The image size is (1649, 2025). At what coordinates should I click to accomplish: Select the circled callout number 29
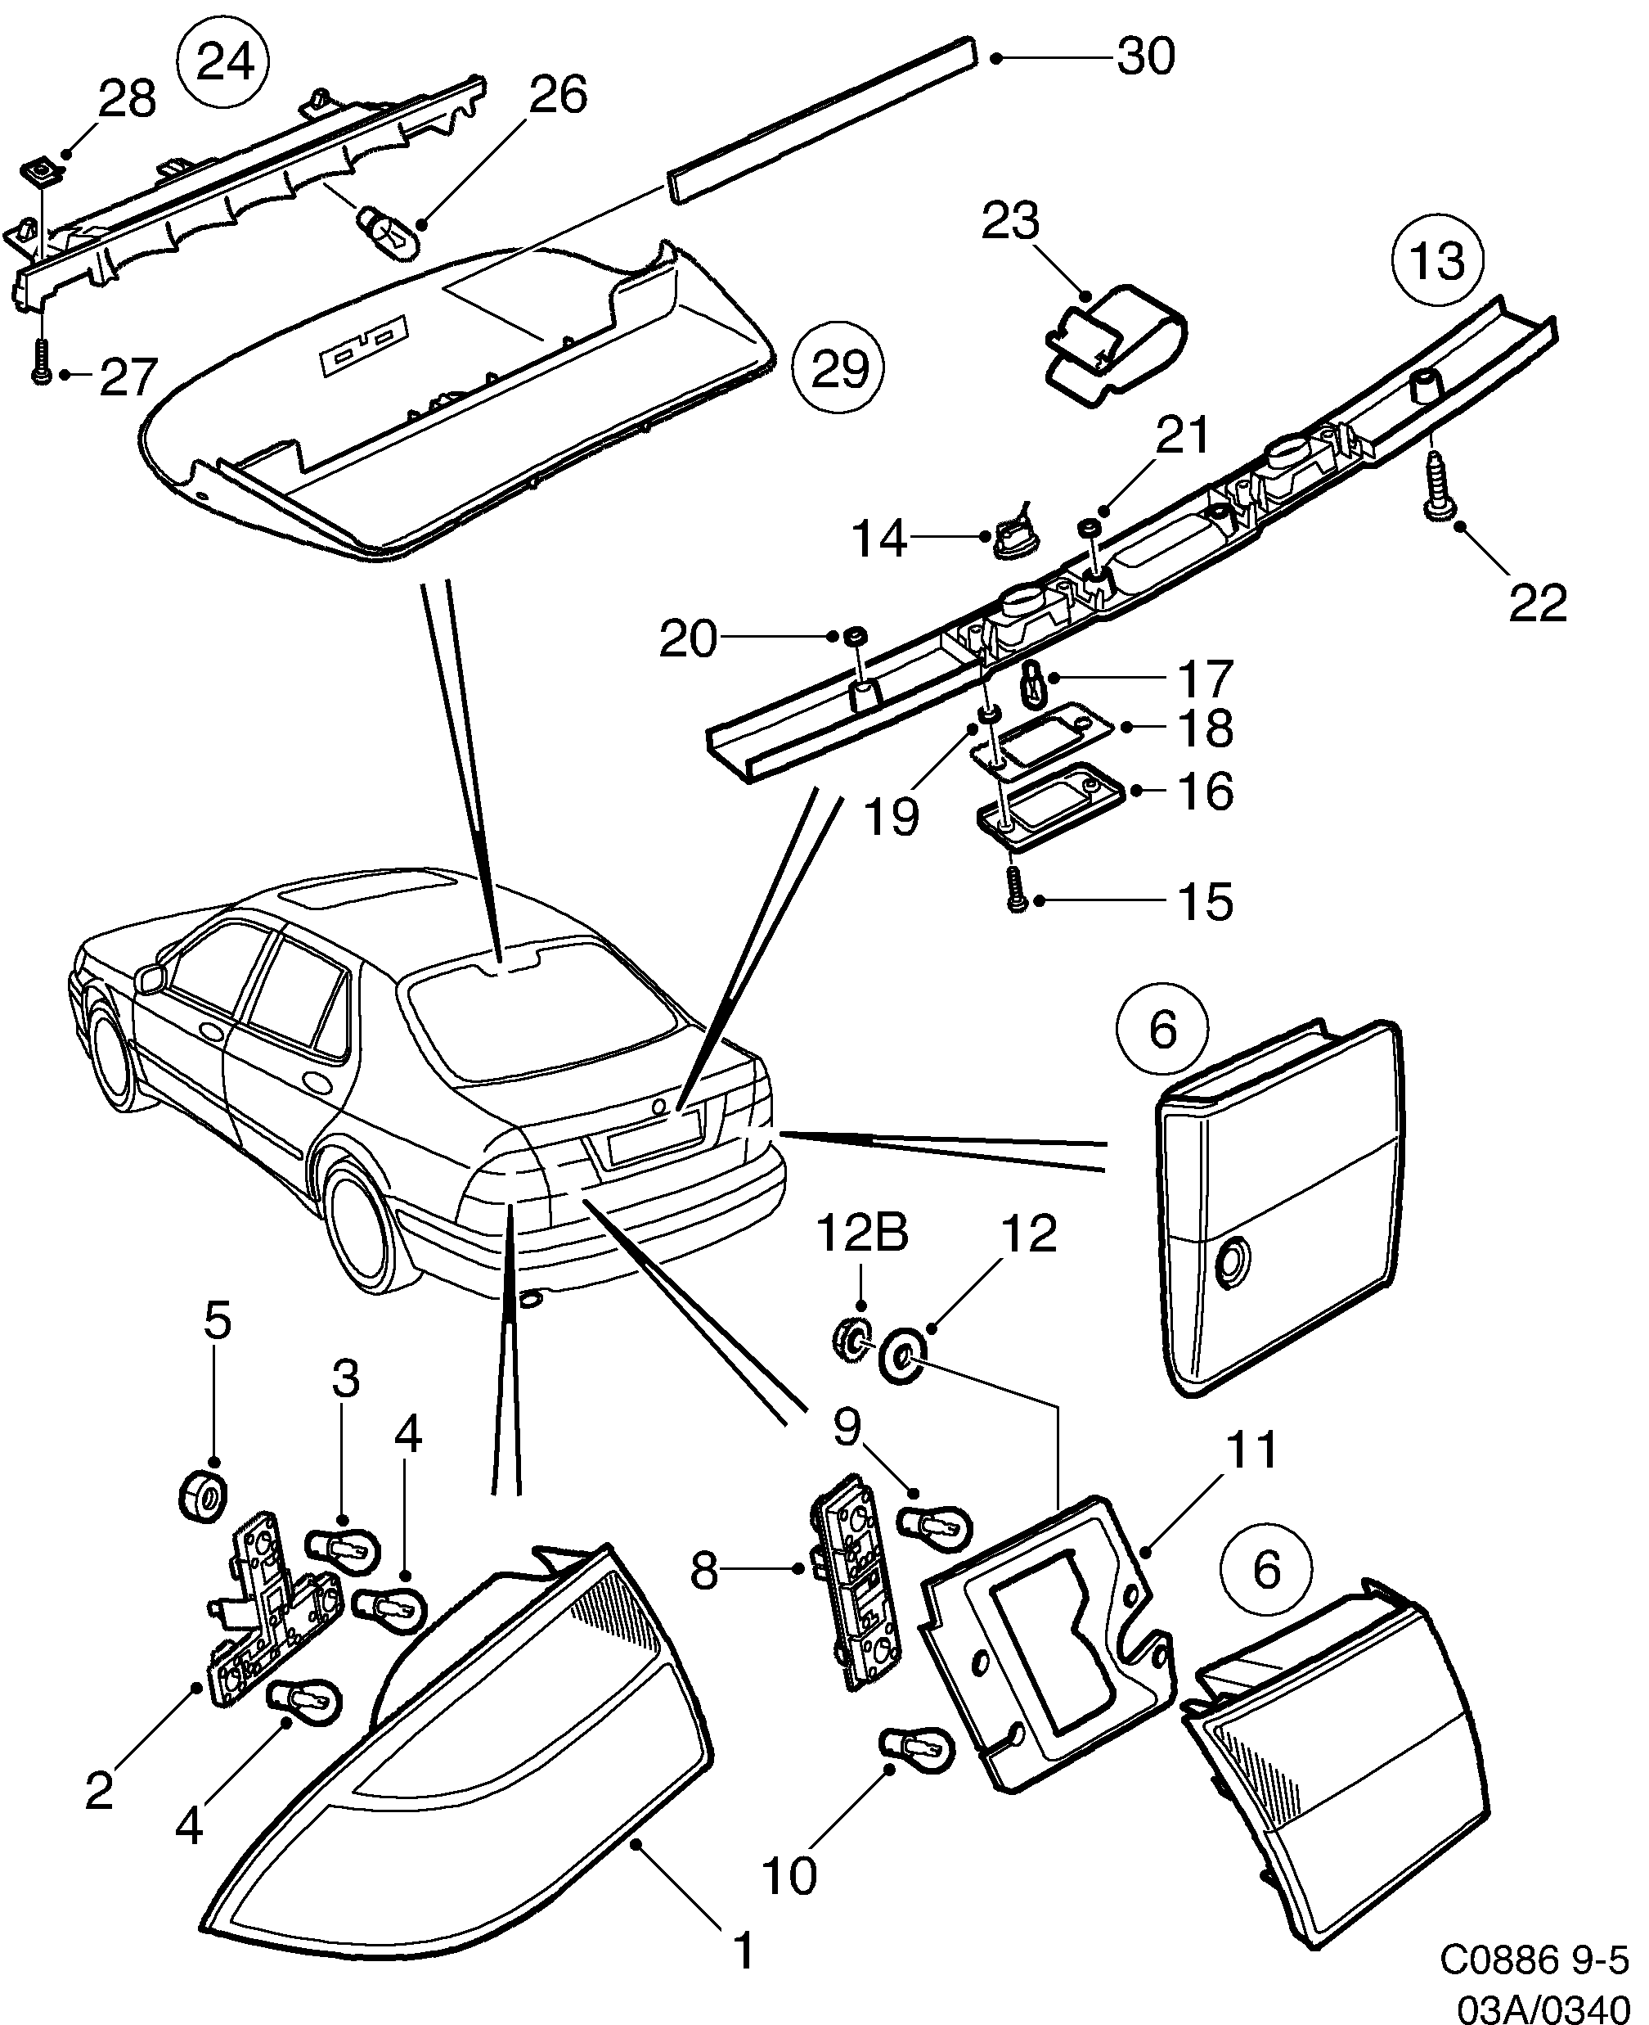click(838, 370)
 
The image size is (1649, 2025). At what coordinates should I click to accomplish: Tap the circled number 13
click(1437, 260)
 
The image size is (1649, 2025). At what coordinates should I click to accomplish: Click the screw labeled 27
click(42, 362)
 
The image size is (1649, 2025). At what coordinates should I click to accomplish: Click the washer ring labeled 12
click(902, 1358)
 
